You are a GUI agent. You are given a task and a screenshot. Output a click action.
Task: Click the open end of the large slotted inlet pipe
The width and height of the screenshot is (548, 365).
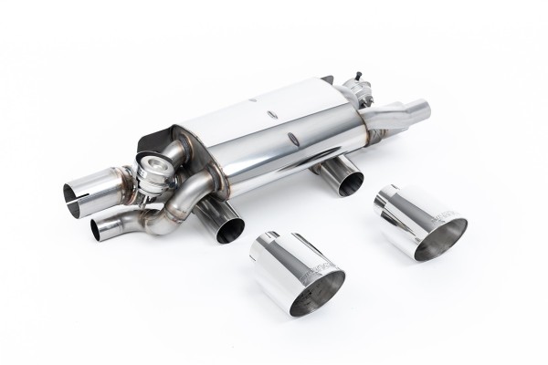76,194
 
